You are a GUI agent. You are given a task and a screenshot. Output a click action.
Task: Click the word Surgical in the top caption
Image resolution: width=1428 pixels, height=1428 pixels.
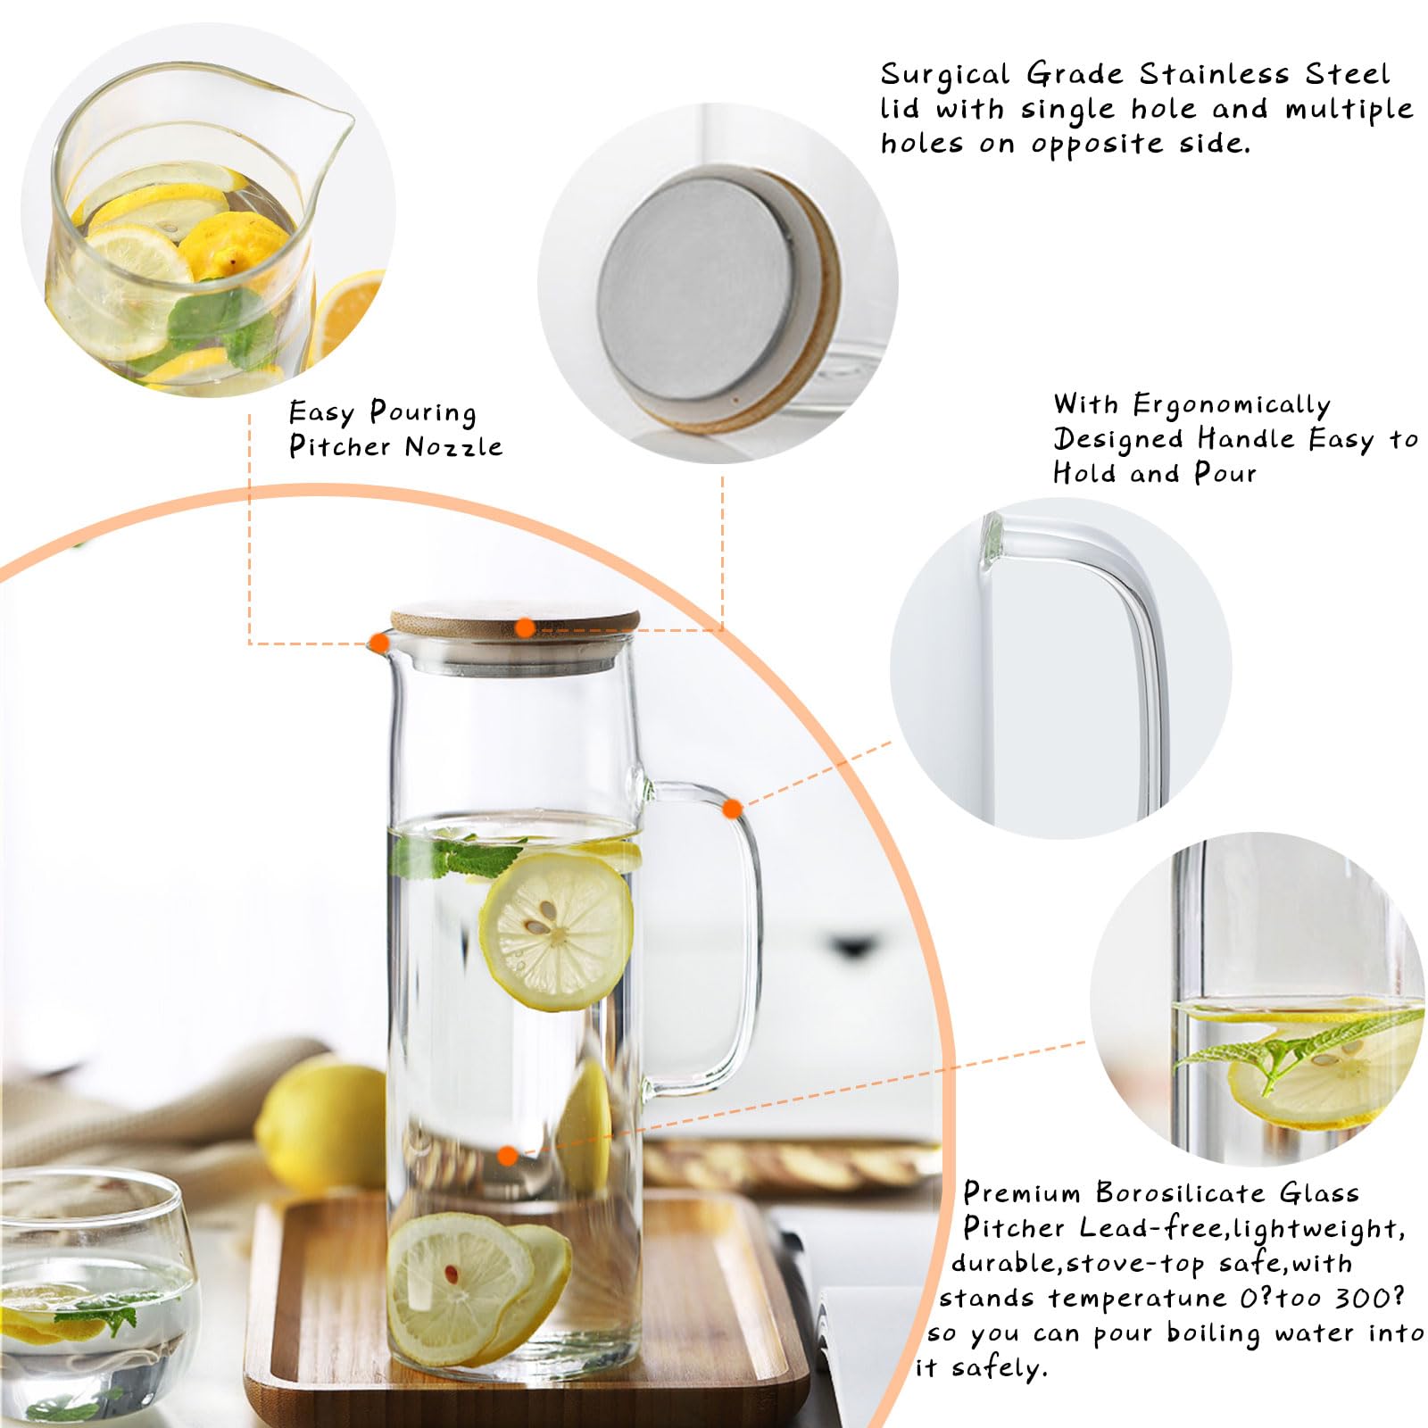tap(944, 75)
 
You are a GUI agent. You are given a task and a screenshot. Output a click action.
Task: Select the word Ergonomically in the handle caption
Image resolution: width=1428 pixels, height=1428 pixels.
tap(1232, 405)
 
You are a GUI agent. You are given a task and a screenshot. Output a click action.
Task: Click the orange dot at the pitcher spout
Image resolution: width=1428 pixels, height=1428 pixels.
tap(379, 642)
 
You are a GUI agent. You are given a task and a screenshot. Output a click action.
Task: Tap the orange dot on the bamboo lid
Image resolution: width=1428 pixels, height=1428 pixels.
tap(526, 627)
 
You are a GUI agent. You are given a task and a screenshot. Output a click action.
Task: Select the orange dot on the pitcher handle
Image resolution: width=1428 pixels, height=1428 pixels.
tap(732, 809)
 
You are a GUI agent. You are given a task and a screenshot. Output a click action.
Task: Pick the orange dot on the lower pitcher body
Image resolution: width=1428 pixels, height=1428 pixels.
tap(507, 1157)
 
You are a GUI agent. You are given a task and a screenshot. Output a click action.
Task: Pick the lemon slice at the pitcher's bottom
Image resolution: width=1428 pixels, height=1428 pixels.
tap(460, 1276)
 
